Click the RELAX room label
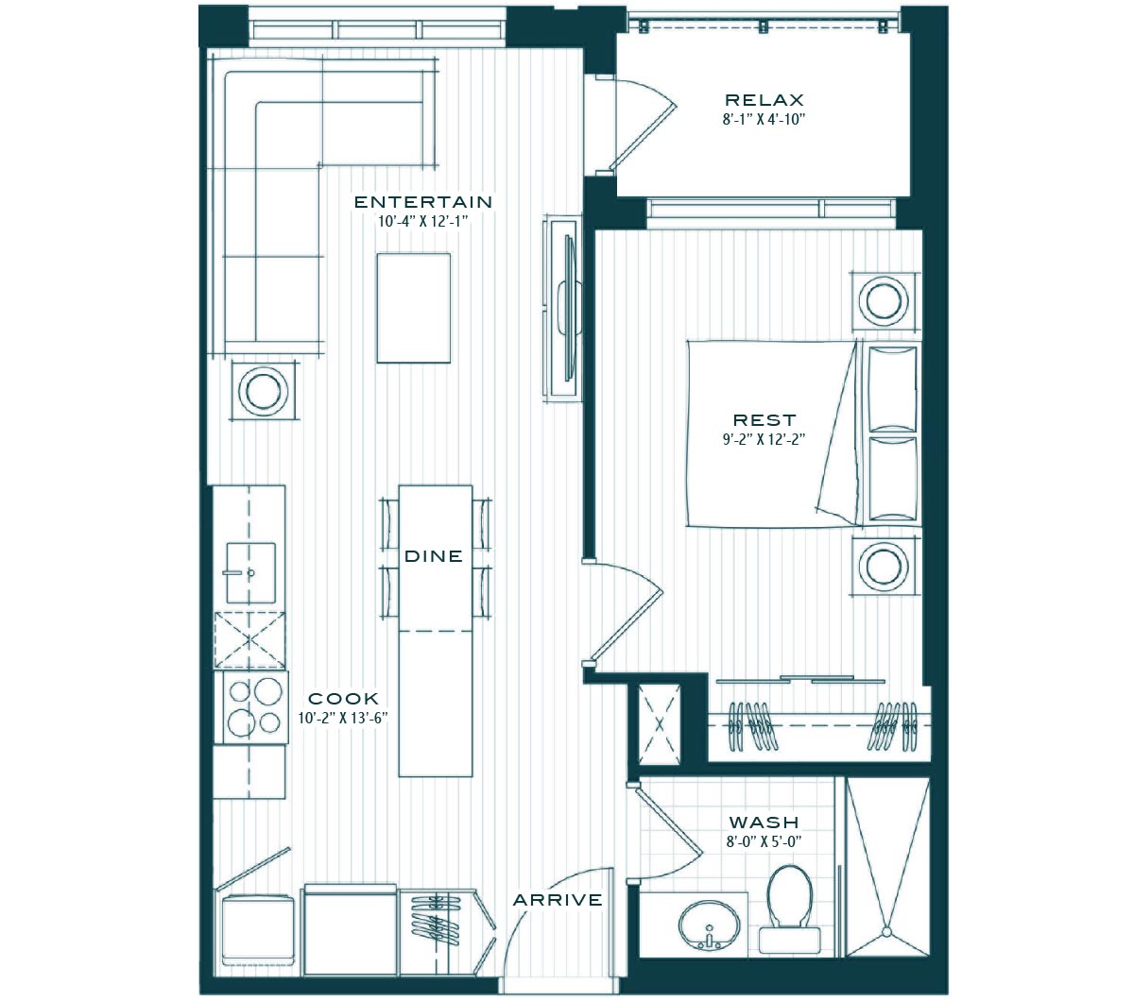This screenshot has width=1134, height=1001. (764, 100)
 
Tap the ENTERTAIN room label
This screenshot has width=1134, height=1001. (423, 202)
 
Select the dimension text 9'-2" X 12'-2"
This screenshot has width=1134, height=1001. (764, 439)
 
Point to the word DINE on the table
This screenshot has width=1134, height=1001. (434, 556)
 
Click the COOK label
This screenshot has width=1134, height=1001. (344, 699)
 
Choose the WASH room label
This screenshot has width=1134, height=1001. (764, 823)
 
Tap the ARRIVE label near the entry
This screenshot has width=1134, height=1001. (558, 900)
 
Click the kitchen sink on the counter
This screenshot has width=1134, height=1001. (250, 572)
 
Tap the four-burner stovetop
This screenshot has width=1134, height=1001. (254, 708)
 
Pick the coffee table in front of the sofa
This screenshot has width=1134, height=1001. (414, 308)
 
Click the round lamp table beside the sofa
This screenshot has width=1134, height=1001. (264, 391)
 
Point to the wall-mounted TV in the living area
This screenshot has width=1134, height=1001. (569, 308)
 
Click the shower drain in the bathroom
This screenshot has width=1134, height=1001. (886, 932)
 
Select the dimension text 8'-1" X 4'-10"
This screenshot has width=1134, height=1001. (764, 119)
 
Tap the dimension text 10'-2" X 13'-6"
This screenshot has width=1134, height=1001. (342, 718)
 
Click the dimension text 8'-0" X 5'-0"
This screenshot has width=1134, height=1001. (764, 841)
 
